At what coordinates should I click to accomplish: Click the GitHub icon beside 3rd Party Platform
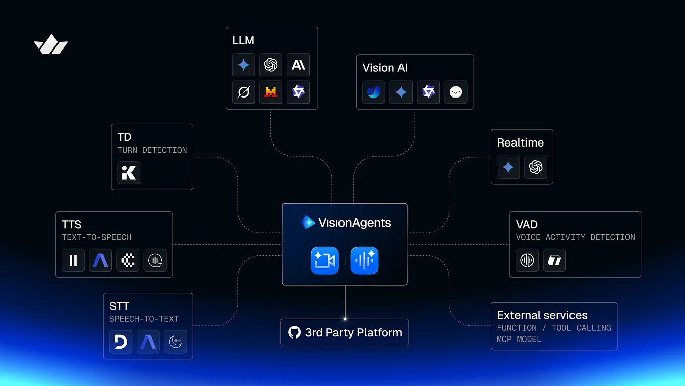point(294,332)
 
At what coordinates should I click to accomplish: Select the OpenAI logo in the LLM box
point(271,65)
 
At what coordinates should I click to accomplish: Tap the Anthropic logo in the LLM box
point(298,65)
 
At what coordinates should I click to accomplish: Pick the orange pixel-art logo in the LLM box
point(271,92)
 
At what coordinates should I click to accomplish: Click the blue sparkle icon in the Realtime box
point(508,167)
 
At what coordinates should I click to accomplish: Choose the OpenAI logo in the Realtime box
point(536,167)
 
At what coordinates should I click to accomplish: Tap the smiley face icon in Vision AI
point(455,92)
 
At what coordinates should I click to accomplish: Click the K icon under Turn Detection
point(129,173)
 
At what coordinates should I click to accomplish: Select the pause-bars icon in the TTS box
point(73,260)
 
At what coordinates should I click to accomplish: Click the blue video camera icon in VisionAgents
point(324,261)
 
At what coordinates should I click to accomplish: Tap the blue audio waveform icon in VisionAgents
point(364,261)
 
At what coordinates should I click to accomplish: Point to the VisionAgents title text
point(355,223)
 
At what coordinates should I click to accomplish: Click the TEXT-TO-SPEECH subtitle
point(96,237)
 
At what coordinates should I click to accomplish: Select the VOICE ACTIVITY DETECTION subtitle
point(575,237)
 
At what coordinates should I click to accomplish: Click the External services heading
point(542,315)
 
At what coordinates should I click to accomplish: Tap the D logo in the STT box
point(121,342)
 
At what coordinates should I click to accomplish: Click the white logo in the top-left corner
point(51,45)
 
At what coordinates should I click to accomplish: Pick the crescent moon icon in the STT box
point(175,342)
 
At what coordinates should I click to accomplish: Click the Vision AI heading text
point(385,68)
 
